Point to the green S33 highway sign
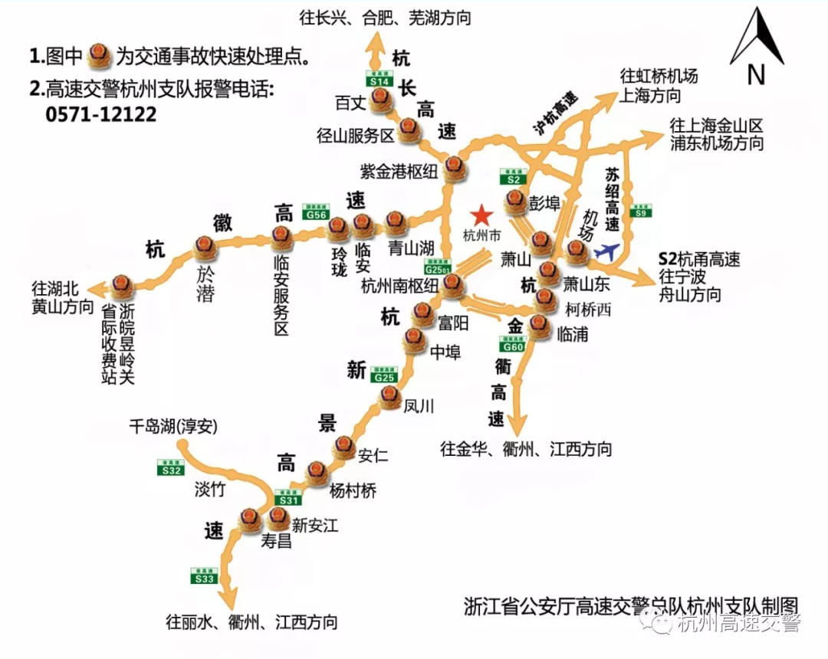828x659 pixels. pyautogui.click(x=205, y=575)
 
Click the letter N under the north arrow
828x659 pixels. pyautogui.click(x=756, y=74)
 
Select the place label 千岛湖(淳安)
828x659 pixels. pyautogui.click(x=173, y=427)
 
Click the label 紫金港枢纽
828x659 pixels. pyautogui.click(x=399, y=170)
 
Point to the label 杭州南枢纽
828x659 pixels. pyautogui.click(x=399, y=286)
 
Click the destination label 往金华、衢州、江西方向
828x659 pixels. pyautogui.click(x=527, y=449)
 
